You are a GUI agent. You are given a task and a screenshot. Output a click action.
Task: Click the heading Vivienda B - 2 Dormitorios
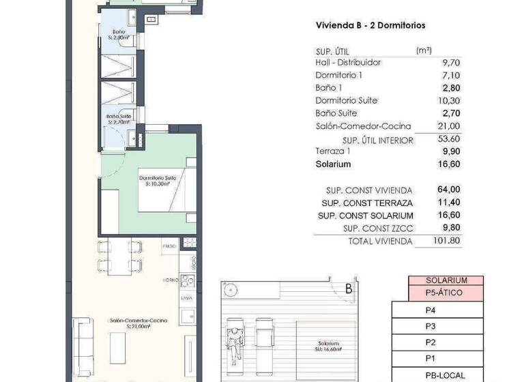tap(370, 25)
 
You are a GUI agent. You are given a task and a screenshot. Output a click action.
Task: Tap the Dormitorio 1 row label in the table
tap(339, 75)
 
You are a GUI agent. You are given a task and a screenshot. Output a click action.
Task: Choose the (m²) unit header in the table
tap(424, 50)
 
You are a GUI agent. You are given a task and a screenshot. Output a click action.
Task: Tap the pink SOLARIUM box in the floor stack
tap(446, 280)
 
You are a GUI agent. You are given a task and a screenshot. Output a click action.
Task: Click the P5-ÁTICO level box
tap(446, 293)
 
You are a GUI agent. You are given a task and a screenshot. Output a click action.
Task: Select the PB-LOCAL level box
tap(446, 374)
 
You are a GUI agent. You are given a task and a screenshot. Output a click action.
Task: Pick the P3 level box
tap(431, 326)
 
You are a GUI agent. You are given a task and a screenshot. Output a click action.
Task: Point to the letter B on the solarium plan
tap(348, 289)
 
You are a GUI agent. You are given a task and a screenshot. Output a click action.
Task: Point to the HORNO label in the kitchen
tap(170, 279)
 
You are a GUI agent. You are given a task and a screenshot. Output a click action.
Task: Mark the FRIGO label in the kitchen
tap(169, 244)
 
